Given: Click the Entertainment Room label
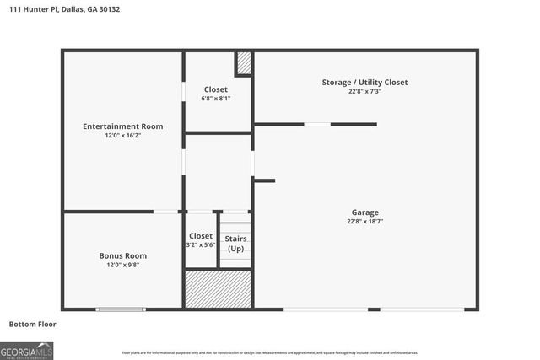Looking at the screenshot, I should tap(123, 126).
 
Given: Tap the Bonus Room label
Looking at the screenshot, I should tap(123, 255).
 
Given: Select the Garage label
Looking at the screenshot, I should tap(365, 212).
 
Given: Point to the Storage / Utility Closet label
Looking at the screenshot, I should tap(364, 82).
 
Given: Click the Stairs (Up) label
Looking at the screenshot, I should tap(236, 244).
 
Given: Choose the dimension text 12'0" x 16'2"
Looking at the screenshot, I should tap(123, 136).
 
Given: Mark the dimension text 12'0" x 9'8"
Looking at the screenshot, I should tap(123, 265).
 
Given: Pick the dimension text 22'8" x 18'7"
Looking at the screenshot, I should tap(365, 221).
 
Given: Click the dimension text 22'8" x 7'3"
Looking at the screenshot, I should tap(364, 91).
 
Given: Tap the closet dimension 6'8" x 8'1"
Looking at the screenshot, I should tap(216, 99).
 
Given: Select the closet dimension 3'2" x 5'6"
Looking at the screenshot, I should tap(201, 244).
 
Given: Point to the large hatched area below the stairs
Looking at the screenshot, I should tap(219, 288).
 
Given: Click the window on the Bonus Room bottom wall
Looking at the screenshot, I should tap(121, 309).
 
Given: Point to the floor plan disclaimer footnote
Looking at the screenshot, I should tap(270, 352).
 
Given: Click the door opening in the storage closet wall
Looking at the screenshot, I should tap(317, 124).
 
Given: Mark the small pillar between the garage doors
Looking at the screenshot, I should tap(374, 309).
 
